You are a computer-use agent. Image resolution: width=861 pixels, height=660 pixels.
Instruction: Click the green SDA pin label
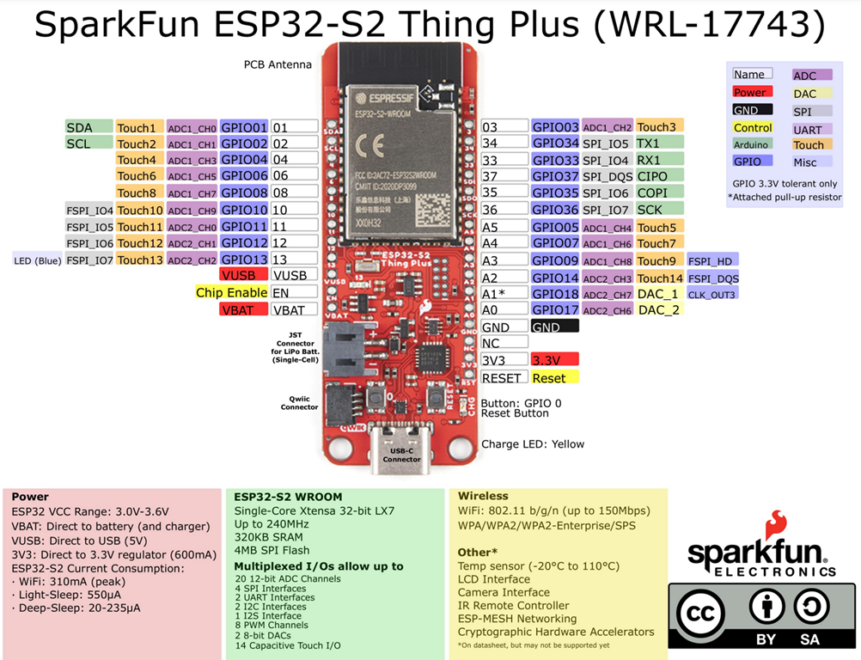89,127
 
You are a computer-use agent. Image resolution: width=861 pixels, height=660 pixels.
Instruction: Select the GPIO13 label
244,259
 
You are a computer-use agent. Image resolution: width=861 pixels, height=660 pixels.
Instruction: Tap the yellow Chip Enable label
232,292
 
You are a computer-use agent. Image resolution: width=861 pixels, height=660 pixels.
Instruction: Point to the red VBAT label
243,309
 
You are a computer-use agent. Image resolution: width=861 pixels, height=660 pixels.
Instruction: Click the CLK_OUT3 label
711,294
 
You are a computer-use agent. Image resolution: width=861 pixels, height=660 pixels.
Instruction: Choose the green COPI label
659,192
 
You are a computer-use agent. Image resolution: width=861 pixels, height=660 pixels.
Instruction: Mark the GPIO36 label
555,210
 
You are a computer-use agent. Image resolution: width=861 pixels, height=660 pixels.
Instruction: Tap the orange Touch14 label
659,278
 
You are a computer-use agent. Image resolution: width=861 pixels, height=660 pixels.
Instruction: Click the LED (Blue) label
36,260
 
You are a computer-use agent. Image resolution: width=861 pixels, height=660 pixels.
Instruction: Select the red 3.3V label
554,359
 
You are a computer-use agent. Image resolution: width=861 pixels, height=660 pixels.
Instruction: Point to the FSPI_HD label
712,260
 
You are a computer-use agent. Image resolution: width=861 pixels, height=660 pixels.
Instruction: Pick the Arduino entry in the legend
752,144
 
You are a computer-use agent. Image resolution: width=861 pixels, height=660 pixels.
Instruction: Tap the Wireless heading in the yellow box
483,496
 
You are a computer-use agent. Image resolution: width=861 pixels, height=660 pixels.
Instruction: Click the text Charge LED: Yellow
533,444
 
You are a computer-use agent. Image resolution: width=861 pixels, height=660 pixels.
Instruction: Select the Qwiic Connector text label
299,402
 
